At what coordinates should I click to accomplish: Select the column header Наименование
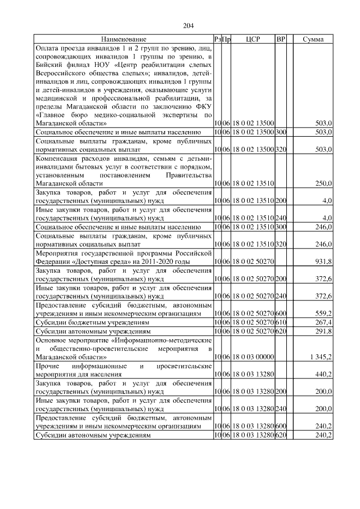(123, 39)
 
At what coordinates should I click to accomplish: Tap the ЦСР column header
(253, 39)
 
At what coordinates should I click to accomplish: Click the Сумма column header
(312, 39)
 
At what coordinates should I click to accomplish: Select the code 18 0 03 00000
(253, 357)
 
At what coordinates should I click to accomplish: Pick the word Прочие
(48, 365)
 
